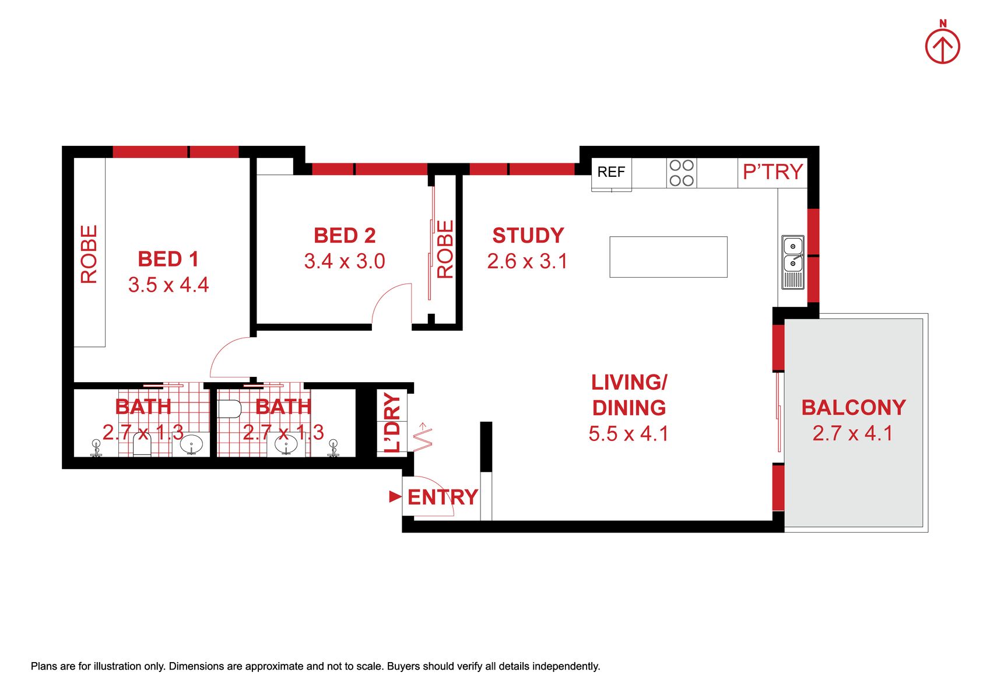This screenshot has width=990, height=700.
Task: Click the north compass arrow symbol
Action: (943, 47)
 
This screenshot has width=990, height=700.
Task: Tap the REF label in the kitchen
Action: (611, 171)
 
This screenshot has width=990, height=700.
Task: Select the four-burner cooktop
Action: (682, 173)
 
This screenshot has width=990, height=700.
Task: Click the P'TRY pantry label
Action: (773, 171)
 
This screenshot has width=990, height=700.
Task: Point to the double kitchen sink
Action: (793, 262)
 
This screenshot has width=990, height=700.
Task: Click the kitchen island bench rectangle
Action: (668, 257)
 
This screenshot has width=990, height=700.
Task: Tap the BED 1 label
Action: (168, 259)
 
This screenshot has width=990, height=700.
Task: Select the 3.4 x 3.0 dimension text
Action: (345, 261)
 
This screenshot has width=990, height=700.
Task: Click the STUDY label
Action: (528, 235)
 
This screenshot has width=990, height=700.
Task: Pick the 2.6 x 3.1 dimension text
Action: (527, 261)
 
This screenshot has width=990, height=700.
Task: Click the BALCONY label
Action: (854, 408)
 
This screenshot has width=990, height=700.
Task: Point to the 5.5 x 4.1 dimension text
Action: (629, 433)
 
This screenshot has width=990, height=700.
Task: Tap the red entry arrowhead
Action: (395, 496)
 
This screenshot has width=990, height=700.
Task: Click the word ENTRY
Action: (443, 497)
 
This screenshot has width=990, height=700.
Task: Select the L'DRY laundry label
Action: (392, 422)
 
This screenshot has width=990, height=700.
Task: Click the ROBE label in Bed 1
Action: (89, 254)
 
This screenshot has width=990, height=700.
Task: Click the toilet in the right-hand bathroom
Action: (229, 408)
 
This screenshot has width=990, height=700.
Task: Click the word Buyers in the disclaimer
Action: (403, 666)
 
